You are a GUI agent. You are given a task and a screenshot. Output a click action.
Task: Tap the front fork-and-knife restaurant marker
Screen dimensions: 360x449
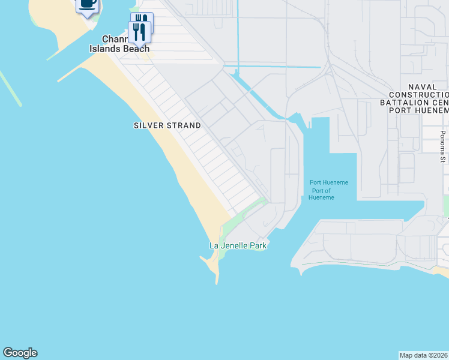point(139,32)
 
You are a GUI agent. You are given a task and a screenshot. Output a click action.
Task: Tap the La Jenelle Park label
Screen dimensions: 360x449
point(237,245)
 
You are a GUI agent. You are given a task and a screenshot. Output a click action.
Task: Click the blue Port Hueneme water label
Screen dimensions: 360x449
point(328,182)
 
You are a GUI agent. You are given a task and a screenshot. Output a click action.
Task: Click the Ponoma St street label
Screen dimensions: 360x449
point(442,146)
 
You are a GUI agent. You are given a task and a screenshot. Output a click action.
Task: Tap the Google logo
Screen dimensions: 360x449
point(20,353)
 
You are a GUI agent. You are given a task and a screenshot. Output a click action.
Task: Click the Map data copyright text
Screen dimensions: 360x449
point(424,355)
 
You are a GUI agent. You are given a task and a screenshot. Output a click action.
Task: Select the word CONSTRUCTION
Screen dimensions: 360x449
point(418,95)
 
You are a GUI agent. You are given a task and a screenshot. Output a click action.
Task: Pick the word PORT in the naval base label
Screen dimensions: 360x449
point(400,110)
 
